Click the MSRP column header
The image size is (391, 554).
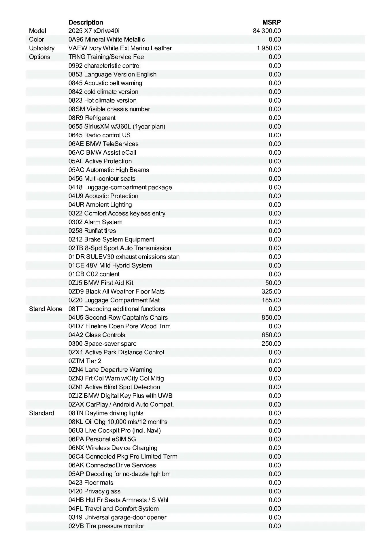(x=271, y=22)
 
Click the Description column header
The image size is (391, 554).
(x=86, y=22)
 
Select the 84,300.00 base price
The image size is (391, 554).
(x=267, y=31)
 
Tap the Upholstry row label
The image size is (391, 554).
(x=42, y=48)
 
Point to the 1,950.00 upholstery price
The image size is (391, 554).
(x=269, y=48)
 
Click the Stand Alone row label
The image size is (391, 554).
(x=46, y=309)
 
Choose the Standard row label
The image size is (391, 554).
(x=41, y=413)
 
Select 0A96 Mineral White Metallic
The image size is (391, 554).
(x=107, y=40)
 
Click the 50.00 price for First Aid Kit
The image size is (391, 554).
(x=273, y=283)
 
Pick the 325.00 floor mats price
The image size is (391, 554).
(x=271, y=291)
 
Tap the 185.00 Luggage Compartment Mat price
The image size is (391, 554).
(x=271, y=300)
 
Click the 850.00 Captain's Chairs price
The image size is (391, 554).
(x=271, y=318)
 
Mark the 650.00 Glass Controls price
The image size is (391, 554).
(x=271, y=335)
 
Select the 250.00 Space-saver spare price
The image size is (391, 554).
(x=271, y=344)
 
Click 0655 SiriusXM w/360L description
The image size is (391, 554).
(x=117, y=126)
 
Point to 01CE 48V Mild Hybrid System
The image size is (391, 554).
(x=110, y=265)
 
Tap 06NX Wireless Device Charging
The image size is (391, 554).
(x=113, y=448)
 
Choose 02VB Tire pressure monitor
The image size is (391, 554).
(x=106, y=526)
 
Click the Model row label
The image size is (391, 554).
(x=37, y=31)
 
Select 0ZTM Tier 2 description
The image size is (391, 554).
(x=85, y=361)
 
